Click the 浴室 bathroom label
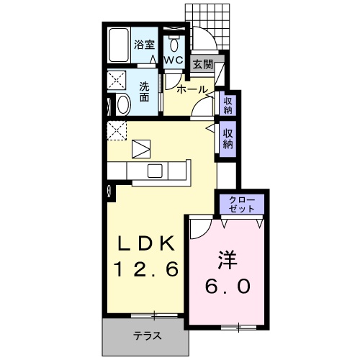[x=143, y=45]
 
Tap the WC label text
[x=174, y=60]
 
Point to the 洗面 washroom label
[x=144, y=91]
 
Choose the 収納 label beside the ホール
[x=228, y=105]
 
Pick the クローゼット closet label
[x=242, y=204]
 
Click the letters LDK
[x=148, y=244]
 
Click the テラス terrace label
[x=146, y=336]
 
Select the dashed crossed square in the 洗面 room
[x=117, y=79]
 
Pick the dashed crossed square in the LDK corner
[x=117, y=132]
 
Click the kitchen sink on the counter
[x=156, y=171]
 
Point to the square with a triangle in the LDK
[x=142, y=149]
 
